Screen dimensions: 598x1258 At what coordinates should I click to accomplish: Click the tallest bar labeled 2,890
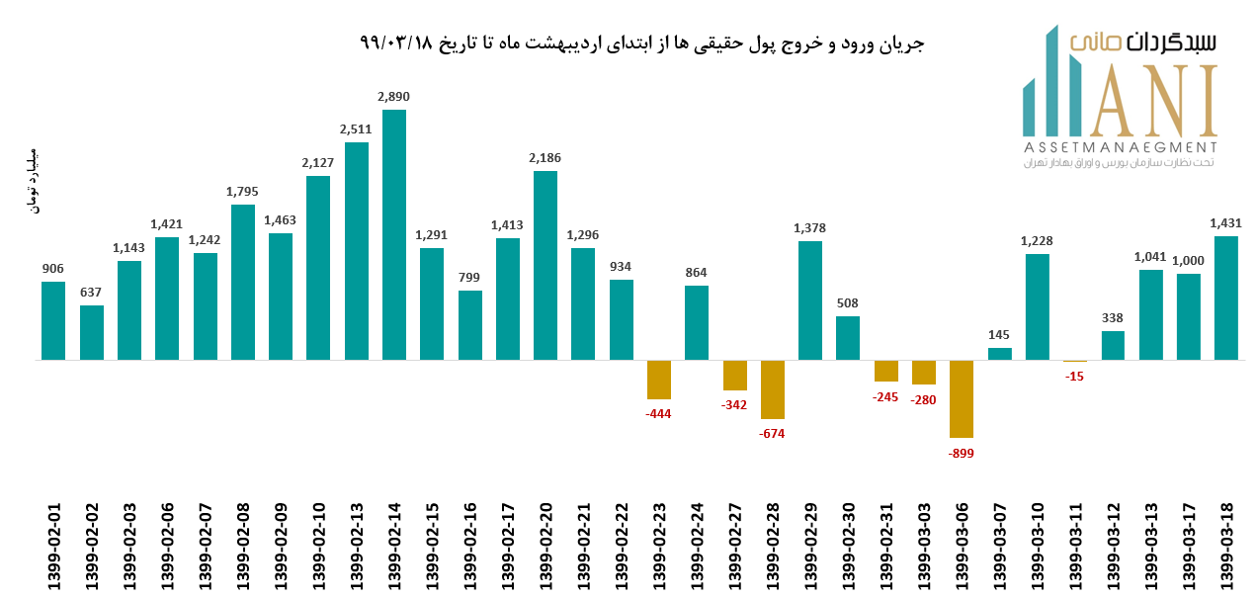(393, 234)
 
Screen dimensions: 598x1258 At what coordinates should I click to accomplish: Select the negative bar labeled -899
(962, 398)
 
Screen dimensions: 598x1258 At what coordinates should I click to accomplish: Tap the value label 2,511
(356, 129)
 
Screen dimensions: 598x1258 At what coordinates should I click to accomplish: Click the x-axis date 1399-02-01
(54, 547)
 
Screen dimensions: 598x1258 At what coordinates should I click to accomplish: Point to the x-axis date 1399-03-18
(1225, 547)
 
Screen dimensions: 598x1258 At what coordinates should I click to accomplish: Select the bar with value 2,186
(545, 265)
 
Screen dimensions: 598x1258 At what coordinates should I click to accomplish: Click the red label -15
(1074, 377)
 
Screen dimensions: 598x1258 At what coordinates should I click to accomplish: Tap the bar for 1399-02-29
(810, 300)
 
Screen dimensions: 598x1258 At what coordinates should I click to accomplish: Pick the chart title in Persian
(642, 43)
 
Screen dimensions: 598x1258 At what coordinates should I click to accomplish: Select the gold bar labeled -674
(772, 389)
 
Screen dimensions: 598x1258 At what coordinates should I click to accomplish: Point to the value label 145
(1000, 334)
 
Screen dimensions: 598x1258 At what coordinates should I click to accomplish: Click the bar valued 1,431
(1225, 298)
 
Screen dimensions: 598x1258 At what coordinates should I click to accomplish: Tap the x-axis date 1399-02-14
(394, 547)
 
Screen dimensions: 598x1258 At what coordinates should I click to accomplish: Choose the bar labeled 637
(92, 332)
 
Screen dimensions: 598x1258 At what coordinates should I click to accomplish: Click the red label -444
(658, 413)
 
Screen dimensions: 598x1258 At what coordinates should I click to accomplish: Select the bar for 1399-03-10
(1037, 306)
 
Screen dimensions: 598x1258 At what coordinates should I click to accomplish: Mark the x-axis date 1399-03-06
(962, 547)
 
